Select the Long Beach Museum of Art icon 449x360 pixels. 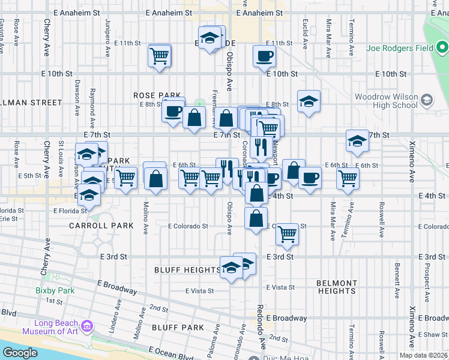pos(88,326)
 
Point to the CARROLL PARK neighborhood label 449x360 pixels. pos(101,226)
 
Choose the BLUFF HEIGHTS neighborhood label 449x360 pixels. pos(187,269)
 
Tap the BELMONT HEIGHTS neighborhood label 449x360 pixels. pos(337,286)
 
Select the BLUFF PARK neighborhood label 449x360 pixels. pos(178,327)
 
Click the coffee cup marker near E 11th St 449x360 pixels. pos(264,56)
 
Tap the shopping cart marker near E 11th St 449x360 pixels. pos(160,56)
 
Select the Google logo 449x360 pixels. pos(20,353)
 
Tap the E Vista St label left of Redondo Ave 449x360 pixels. pos(200,290)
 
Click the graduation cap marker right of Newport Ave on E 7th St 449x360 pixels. pos(357,141)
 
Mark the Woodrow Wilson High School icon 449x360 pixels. pos(427,98)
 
